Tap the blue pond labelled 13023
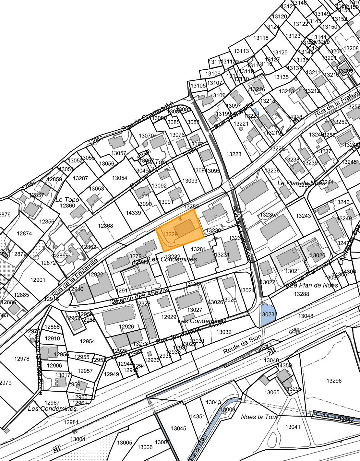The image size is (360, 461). click(267, 314)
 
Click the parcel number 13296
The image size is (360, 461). click(334, 381)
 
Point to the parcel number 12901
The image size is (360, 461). click(38, 280)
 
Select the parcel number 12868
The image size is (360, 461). click(105, 226)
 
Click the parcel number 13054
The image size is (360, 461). click(119, 178)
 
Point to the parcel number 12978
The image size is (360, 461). click(22, 359)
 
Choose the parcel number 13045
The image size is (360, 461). click(178, 429)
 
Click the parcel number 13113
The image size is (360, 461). click(241, 51)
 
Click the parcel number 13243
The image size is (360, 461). click(303, 216)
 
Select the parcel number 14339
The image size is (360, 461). click(133, 213)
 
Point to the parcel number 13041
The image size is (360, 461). click(293, 427)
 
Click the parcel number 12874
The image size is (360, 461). click(24, 233)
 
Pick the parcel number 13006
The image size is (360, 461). click(145, 447)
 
